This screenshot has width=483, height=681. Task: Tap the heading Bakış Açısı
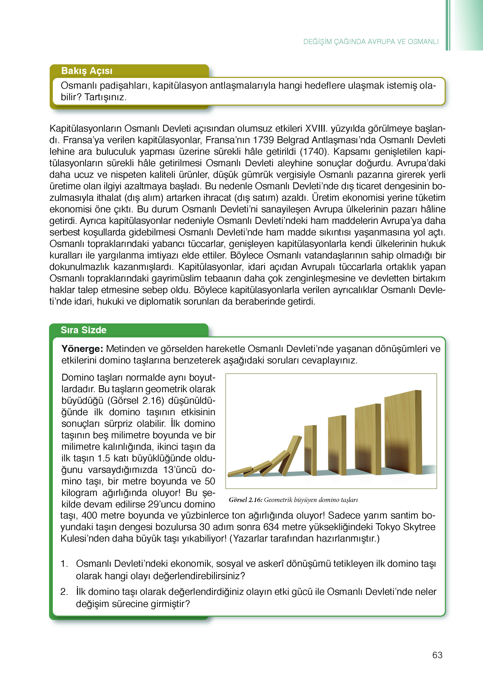87,71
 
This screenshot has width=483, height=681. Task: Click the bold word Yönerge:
82,349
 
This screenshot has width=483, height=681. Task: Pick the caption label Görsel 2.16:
245,500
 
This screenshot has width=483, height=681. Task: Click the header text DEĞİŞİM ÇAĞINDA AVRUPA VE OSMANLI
371,42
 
